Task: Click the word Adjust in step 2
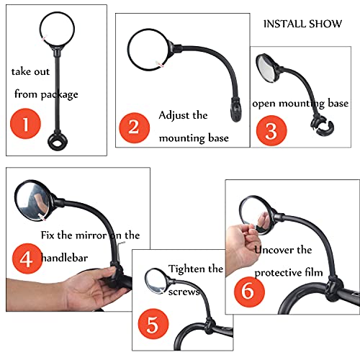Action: coord(176,115)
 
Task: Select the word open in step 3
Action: coord(264,103)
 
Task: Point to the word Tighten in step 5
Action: coord(186,269)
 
